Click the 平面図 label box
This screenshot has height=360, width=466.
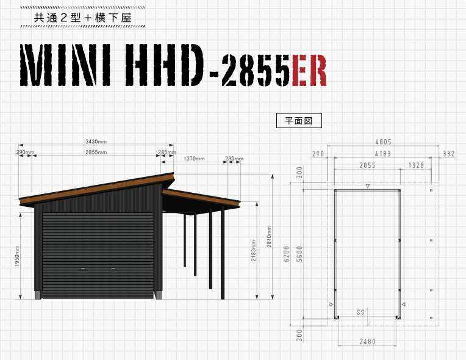299,120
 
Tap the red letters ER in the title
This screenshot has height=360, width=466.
309,71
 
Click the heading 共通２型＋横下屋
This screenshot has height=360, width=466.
82,18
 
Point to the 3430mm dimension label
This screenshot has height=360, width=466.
96,142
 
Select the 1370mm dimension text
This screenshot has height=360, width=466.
194,159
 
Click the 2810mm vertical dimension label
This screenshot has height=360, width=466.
269,237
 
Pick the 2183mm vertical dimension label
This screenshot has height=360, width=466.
253,251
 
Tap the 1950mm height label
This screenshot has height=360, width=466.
17,256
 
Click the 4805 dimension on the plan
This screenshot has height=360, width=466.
383,142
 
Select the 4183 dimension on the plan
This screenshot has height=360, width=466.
383,154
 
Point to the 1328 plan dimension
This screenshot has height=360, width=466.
416,165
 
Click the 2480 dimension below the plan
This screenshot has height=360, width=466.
367,342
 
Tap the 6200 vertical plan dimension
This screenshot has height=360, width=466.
287,254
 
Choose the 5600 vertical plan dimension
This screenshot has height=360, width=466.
299,254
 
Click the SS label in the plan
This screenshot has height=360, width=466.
360,312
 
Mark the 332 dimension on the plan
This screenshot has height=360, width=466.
449,154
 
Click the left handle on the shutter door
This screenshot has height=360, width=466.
83,268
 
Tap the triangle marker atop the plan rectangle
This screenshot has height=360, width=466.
368,186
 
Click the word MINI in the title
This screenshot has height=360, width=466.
65,65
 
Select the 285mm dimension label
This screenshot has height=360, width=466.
167,152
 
